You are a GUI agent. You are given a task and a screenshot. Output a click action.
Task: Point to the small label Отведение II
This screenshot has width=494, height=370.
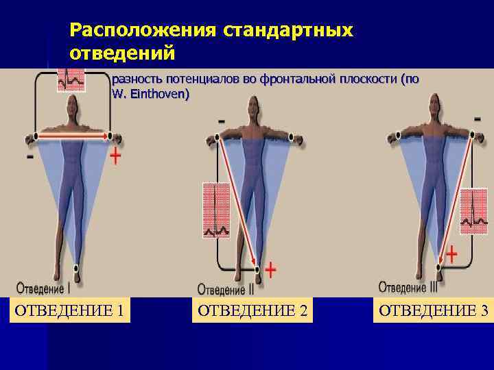tap(226, 290)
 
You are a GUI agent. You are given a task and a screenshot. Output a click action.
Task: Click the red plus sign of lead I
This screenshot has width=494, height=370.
tap(115, 157)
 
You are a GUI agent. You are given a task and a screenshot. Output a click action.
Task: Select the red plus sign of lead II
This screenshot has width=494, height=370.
tap(271, 270)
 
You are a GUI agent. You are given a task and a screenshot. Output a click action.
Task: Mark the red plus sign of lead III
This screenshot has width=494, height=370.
tap(451, 256)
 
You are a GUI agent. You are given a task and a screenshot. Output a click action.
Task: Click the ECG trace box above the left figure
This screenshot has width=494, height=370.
tap(71, 80)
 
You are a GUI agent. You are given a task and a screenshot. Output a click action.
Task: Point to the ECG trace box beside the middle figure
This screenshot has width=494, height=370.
tap(216, 210)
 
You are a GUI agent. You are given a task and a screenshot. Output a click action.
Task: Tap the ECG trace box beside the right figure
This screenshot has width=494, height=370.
tap(473, 211)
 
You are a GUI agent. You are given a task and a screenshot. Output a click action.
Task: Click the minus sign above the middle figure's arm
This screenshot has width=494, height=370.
tap(221, 121)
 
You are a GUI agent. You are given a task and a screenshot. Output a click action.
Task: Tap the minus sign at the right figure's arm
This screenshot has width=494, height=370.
tap(476, 118)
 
